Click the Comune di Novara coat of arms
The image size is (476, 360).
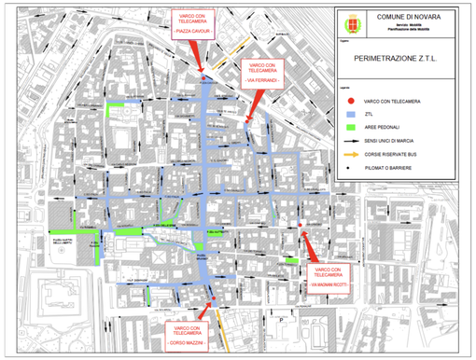(355, 21)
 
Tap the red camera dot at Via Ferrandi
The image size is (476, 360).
(246, 119)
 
